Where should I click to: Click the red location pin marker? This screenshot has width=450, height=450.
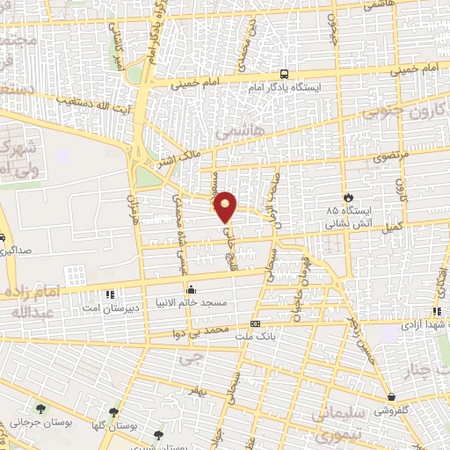pyautogui.click(x=226, y=207)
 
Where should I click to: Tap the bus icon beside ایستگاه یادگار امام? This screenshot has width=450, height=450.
pyautogui.click(x=284, y=75)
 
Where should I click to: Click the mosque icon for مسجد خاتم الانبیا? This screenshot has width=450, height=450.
pyautogui.click(x=192, y=288)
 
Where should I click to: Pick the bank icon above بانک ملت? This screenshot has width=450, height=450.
pyautogui.click(x=255, y=323)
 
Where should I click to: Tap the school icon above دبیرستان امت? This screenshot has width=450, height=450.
pyautogui.click(x=110, y=294)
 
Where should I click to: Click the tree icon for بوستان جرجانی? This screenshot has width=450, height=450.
pyautogui.click(x=41, y=408)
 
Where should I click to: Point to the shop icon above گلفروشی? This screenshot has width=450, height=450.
pyautogui.click(x=390, y=396)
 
